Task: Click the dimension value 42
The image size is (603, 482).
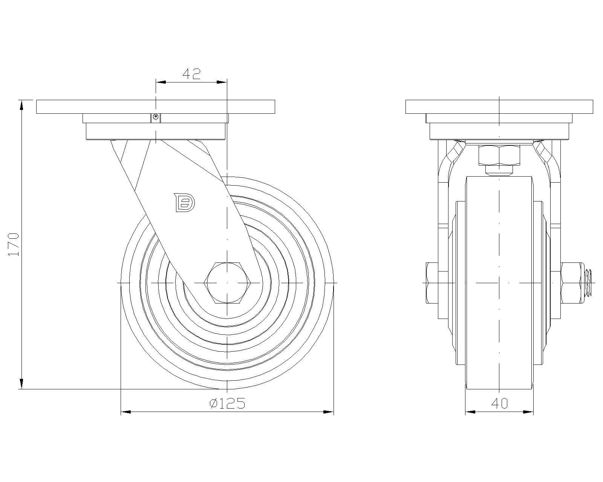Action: click(192, 74)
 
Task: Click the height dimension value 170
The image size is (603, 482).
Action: click(14, 244)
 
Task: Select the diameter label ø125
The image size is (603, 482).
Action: click(227, 403)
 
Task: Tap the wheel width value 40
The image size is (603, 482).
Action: click(499, 403)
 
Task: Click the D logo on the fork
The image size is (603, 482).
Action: click(184, 202)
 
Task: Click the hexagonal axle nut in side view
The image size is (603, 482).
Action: click(227, 283)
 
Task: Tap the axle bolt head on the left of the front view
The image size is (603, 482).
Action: click(432, 283)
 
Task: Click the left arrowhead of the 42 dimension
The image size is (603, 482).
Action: click(161, 82)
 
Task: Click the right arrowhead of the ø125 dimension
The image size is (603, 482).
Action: click(329, 412)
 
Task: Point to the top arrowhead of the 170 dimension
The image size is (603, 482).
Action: click(21, 105)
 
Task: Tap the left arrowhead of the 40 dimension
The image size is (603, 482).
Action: click(470, 412)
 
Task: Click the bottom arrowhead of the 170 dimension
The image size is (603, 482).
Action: click(21, 384)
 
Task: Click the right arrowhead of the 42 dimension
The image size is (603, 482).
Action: click(222, 82)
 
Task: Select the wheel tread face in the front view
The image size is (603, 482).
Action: click(499, 283)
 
